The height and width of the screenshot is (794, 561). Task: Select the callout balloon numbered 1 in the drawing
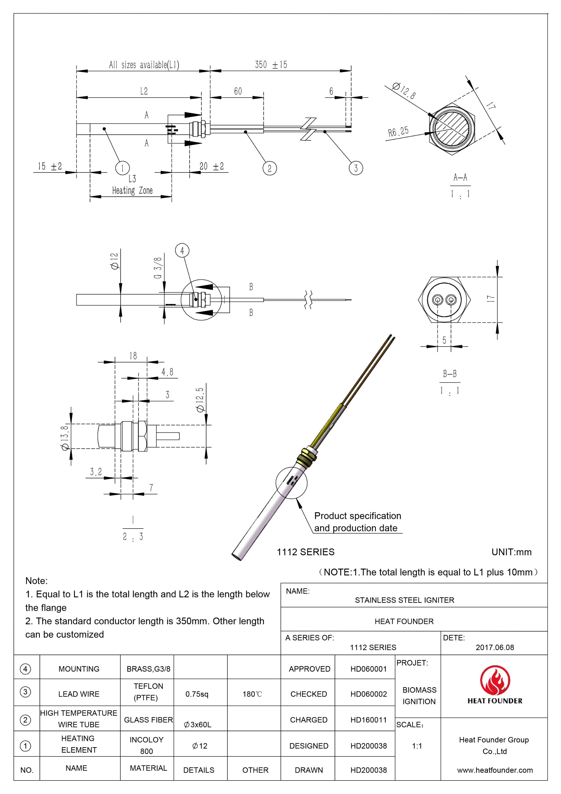tap(122, 168)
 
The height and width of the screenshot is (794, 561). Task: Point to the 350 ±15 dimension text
tap(271, 65)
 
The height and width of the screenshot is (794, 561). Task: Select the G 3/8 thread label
tap(158, 268)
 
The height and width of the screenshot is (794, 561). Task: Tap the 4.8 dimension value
tap(167, 372)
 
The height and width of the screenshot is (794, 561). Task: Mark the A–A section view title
tap(460, 178)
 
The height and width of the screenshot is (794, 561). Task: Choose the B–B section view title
tap(450, 374)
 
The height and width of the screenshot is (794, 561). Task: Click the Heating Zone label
tap(132, 191)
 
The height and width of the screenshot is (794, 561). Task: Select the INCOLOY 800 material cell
tap(146, 745)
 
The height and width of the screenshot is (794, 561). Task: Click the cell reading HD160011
tap(369, 720)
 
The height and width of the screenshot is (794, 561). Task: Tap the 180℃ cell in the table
tap(252, 694)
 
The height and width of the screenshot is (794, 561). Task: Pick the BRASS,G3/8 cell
tap(148, 669)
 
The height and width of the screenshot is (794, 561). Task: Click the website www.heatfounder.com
tap(495, 770)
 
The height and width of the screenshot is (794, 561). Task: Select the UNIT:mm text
tap(511, 552)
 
